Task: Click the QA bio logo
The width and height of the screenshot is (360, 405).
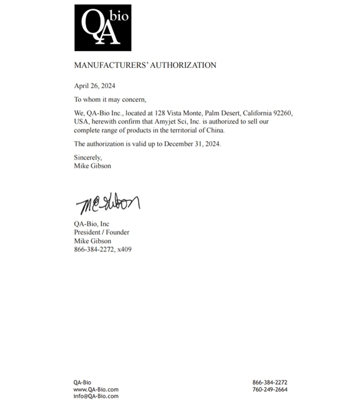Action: pos(103,28)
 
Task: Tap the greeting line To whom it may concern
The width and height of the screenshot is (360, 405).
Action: pos(110,100)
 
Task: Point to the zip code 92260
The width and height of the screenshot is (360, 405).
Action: pos(281,113)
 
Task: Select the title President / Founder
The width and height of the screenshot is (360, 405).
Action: pos(101,232)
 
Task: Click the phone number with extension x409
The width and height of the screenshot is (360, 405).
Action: pos(103,249)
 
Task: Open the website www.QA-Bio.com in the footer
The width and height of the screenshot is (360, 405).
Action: pos(96,389)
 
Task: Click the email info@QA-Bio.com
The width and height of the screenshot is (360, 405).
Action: pos(96,397)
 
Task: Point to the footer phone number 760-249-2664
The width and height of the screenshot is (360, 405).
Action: pos(269,389)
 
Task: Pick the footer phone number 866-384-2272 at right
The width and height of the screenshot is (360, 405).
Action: pos(269,382)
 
